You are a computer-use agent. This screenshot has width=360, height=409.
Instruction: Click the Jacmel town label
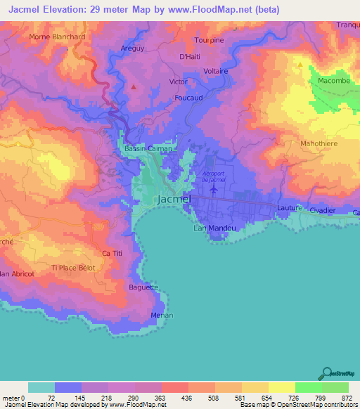point(172,200)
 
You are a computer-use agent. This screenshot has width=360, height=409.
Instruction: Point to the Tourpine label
point(209,40)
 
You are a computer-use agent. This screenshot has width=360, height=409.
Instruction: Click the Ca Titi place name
point(112,253)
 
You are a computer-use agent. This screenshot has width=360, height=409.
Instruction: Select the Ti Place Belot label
point(73,268)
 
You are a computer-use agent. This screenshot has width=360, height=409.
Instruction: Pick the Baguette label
point(143,287)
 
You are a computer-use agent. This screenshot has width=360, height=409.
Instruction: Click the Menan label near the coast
point(162,316)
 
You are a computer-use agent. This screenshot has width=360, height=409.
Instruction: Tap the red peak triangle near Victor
point(134,87)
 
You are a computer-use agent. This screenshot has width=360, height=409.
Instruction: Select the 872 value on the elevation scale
point(348,398)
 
